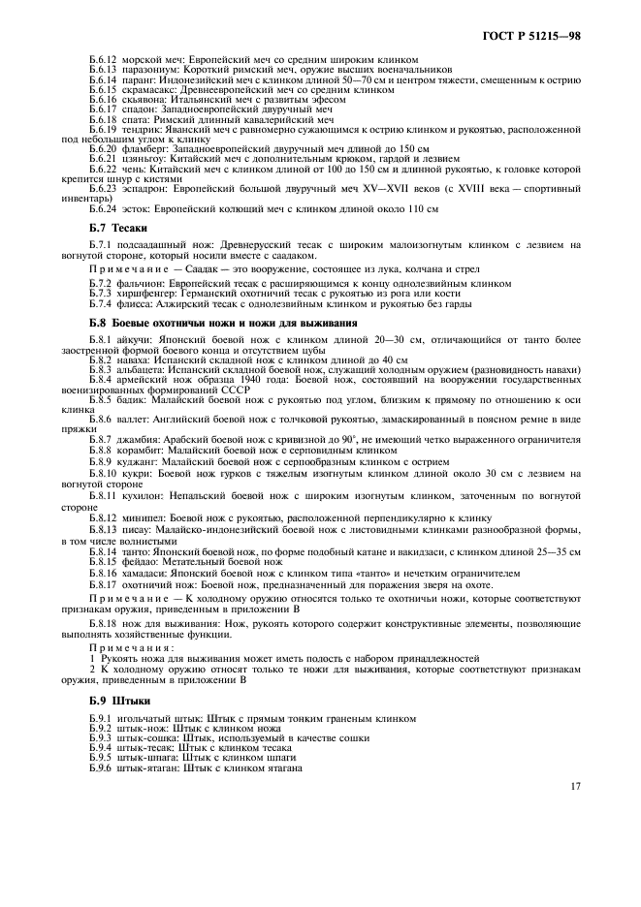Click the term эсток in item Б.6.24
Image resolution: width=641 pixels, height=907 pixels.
(x=136, y=208)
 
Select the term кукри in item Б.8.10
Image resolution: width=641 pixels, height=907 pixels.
(x=135, y=473)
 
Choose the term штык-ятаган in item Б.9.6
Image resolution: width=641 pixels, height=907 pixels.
(x=144, y=766)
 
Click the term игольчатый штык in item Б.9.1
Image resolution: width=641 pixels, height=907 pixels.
(x=152, y=718)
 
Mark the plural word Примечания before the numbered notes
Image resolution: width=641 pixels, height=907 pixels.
(x=122, y=647)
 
